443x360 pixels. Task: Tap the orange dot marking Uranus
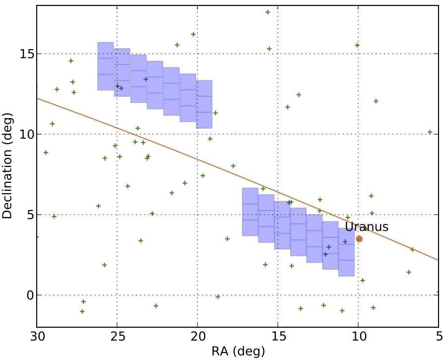(x=359, y=239)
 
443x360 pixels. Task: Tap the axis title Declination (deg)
(x=7, y=167)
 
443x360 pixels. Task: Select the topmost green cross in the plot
(x=267, y=12)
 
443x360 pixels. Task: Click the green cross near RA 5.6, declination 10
(x=430, y=132)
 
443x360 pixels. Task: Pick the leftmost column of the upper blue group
(x=106, y=66)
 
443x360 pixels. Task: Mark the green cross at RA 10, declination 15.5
(x=357, y=45)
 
